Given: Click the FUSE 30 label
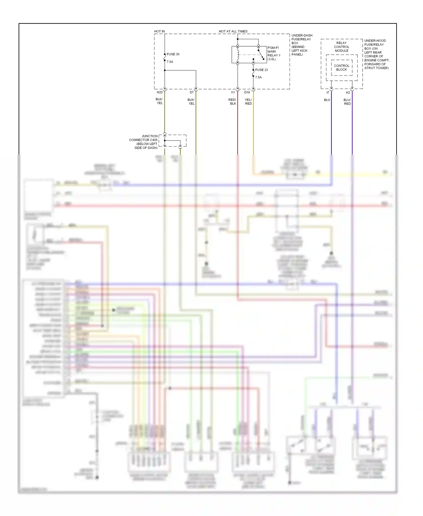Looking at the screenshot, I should [x=173, y=54].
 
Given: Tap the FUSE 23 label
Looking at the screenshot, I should [x=261, y=70].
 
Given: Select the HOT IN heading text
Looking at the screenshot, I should [x=159, y=31].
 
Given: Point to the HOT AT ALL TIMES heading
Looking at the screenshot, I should [x=233, y=31].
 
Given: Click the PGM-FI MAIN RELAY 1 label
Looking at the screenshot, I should [x=274, y=53].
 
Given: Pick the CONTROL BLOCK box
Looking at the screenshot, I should [x=342, y=68].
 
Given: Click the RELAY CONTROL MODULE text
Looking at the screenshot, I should [x=342, y=47].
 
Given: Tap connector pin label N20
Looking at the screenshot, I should [x=160, y=92].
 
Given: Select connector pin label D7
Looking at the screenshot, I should [x=192, y=92].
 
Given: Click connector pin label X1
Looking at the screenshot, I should [x=233, y=92].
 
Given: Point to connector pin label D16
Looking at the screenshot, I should [x=247, y=92].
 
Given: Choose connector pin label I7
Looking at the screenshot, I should [x=328, y=93].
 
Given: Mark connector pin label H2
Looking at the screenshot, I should [x=348, y=93].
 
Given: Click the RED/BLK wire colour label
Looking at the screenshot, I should [x=232, y=102].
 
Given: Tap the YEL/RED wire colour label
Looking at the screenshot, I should [x=248, y=102].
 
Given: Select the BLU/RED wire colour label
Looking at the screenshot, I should [x=347, y=102].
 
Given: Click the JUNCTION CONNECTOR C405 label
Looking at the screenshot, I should [x=143, y=142].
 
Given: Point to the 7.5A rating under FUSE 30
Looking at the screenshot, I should [x=170, y=62].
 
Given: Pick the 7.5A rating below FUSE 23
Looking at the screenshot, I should [x=258, y=77].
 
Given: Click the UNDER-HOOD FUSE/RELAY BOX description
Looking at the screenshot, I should [x=376, y=54].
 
